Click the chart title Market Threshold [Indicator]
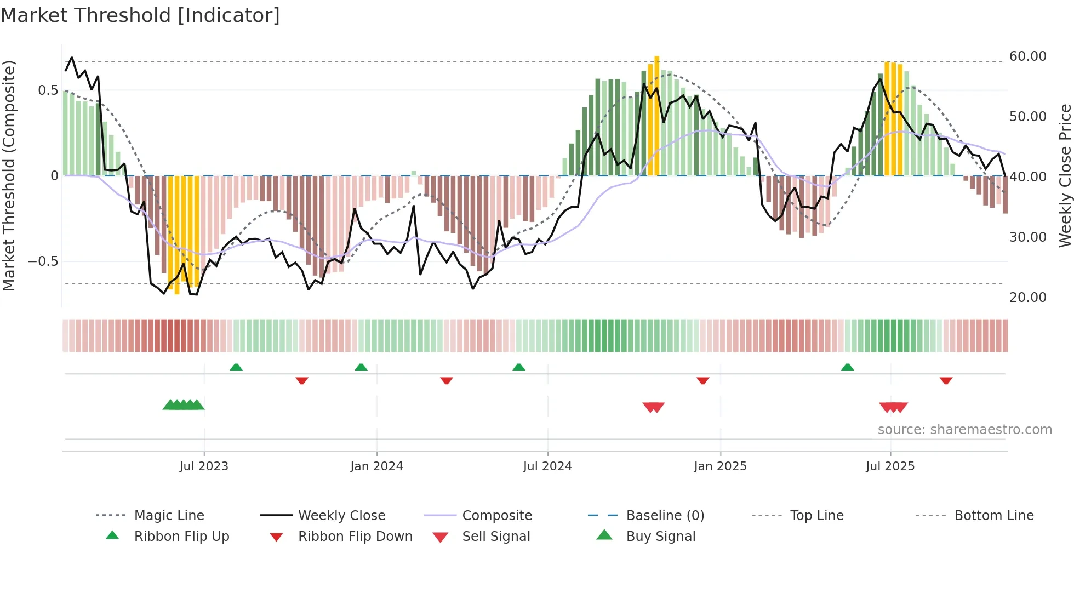(x=140, y=15)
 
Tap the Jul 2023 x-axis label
(x=203, y=466)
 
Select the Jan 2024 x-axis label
(x=376, y=466)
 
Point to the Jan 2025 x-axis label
(x=720, y=466)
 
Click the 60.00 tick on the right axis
(x=1027, y=56)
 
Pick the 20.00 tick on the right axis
(x=1027, y=298)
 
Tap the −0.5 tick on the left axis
(x=43, y=261)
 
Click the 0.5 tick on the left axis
(x=48, y=90)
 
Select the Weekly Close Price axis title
(x=1065, y=175)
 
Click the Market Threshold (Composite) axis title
(x=9, y=175)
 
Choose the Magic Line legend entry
(x=169, y=516)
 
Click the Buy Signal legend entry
(x=660, y=537)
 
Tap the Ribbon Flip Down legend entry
(x=355, y=537)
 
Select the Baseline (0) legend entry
(x=665, y=516)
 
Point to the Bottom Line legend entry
(x=993, y=516)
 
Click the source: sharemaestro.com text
(x=964, y=430)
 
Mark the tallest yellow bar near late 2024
(x=656, y=115)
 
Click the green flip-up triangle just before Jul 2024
(x=518, y=367)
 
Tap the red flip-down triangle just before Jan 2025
(x=702, y=380)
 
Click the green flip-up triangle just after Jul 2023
(x=236, y=367)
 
